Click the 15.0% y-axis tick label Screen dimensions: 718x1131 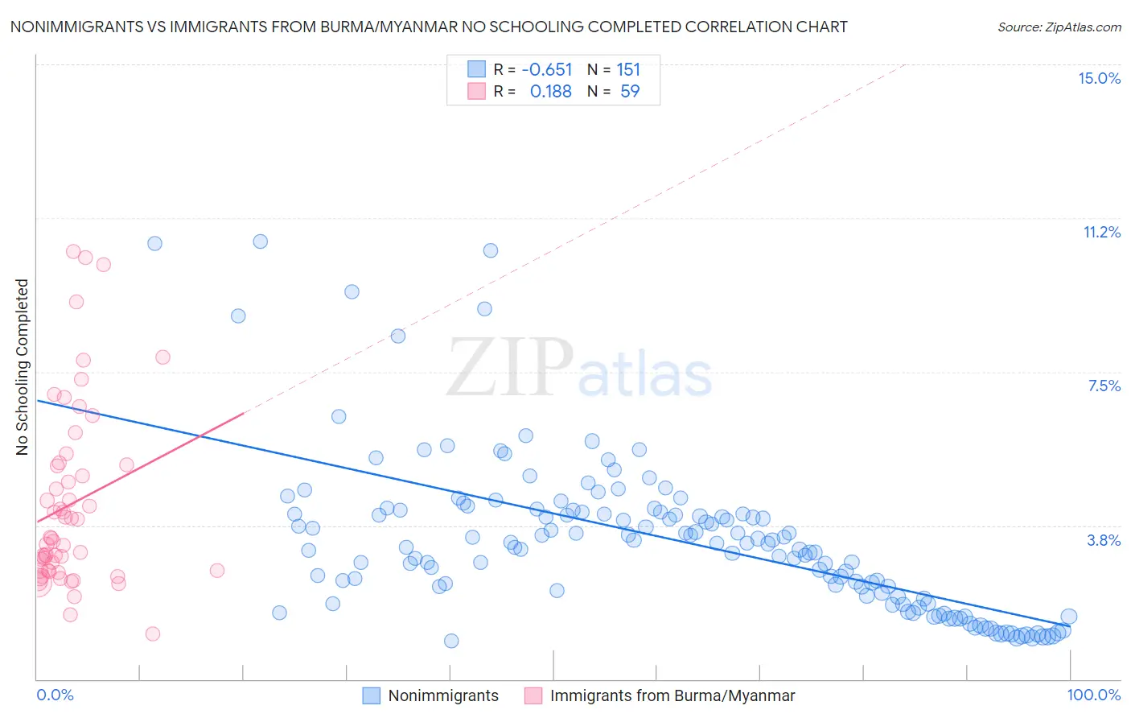(1099, 78)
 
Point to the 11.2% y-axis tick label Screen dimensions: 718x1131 (1101, 232)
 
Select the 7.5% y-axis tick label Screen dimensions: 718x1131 (1104, 386)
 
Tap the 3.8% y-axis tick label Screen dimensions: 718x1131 (1104, 540)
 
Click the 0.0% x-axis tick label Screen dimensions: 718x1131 (55, 695)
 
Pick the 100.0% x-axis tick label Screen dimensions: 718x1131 (1093, 695)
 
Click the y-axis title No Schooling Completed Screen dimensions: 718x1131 (23, 367)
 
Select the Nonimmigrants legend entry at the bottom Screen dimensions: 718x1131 (430, 695)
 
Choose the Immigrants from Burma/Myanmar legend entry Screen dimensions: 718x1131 (660, 695)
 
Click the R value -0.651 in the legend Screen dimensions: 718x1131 (547, 69)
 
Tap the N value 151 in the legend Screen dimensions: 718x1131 (628, 69)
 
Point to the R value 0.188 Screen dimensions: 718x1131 (550, 91)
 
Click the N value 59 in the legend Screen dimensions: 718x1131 (630, 91)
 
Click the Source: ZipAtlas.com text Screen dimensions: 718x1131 (1059, 27)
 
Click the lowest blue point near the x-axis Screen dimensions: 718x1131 (451, 641)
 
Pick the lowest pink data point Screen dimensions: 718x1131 (153, 633)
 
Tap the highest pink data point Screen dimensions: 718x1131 (73, 252)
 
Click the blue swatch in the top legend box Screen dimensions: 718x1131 (477, 69)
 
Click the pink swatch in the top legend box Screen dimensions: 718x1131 (477, 91)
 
